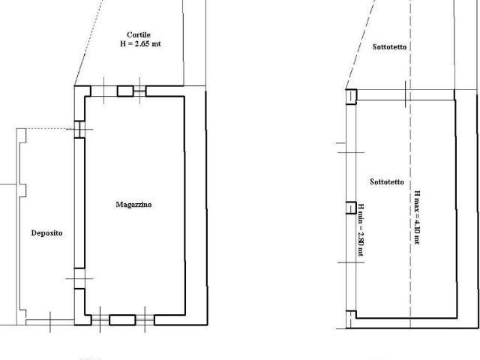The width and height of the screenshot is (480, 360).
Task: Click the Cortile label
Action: point(139,34)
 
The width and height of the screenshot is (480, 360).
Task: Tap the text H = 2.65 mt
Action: point(140,43)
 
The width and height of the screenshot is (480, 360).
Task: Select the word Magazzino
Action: point(133,205)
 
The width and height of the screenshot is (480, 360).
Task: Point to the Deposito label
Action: point(46,233)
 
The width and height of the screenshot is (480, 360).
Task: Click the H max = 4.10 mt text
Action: point(417,217)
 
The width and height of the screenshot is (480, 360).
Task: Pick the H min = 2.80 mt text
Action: point(361,230)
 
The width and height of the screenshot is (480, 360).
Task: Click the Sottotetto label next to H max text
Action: point(387,181)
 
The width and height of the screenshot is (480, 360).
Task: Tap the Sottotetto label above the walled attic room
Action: point(390,46)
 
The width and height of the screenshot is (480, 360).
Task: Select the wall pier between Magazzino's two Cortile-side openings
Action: point(125,91)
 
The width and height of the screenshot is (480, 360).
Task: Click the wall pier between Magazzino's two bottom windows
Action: point(122,320)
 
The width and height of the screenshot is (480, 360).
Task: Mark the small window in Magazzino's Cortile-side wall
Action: point(140,91)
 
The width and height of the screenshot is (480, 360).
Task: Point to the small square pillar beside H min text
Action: point(351,208)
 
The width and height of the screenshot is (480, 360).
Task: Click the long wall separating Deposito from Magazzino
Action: point(79,203)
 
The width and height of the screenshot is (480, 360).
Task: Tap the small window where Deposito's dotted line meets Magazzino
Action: point(79,129)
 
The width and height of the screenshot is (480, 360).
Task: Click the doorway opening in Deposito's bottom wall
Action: point(50,322)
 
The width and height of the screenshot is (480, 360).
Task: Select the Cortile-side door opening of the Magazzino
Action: point(104,91)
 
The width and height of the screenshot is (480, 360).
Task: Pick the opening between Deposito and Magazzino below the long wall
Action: point(79,278)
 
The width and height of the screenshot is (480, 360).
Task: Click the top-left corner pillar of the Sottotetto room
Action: point(351,97)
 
